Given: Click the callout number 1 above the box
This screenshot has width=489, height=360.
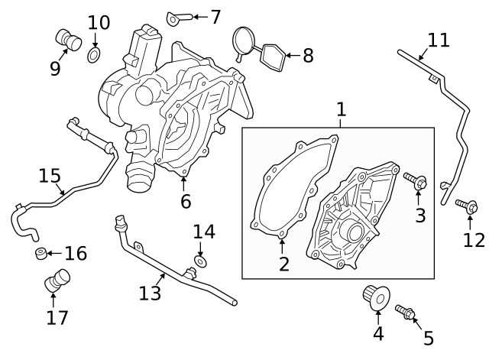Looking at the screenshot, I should point(341,110).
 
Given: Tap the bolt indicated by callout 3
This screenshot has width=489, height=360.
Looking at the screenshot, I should point(416,181).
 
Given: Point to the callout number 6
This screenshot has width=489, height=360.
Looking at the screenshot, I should point(185,201).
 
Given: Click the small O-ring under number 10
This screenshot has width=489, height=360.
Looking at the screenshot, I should point(95,55).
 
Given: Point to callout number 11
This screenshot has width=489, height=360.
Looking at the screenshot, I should point(439,40).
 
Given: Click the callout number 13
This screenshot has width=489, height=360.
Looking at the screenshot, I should point(151,293).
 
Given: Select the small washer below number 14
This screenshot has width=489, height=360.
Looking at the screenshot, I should point(200,262).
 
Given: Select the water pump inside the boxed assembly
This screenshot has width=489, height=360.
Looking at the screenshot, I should point(351,218).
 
